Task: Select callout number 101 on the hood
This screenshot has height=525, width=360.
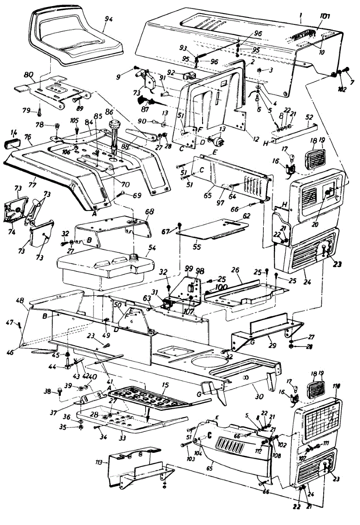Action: pyautogui.click(x=325, y=17)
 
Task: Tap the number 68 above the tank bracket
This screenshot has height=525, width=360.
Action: pyautogui.click(x=150, y=212)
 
